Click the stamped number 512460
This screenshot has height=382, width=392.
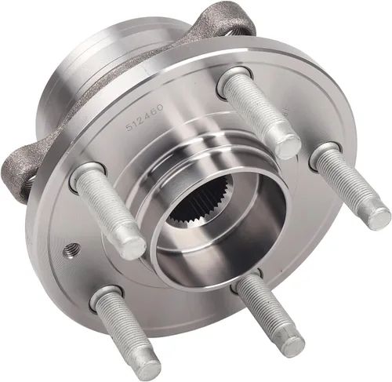(x=144, y=117)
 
